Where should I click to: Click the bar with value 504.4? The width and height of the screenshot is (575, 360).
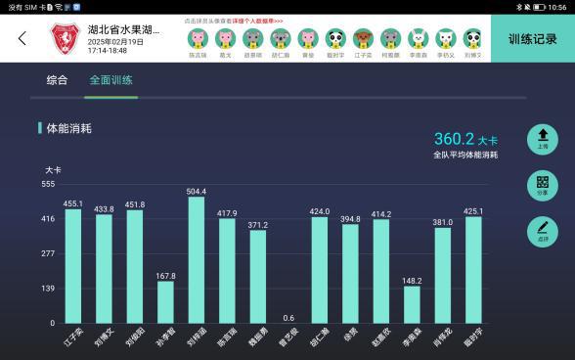tap(196, 259)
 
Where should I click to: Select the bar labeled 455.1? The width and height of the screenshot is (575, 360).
tap(72, 265)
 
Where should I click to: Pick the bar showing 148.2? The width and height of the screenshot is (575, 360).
tap(412, 304)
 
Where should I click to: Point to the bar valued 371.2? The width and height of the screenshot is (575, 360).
tap(257, 276)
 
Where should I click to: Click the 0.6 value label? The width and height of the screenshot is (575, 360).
tap(288, 317)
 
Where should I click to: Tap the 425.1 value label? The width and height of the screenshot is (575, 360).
tap(473, 210)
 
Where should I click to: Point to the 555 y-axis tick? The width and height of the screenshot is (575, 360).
tap(48, 184)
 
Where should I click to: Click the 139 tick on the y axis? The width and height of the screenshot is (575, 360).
tap(48, 289)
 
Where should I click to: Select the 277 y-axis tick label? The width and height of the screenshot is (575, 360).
tap(48, 253)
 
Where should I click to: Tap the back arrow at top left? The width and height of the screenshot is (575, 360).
tap(22, 39)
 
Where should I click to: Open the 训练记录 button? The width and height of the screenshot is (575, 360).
tap(532, 39)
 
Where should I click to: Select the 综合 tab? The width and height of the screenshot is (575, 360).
tap(58, 80)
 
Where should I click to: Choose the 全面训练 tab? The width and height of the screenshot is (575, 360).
tap(111, 80)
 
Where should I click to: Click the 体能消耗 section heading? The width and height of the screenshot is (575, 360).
tap(67, 127)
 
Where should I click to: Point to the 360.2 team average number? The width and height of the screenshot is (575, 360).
tap(454, 139)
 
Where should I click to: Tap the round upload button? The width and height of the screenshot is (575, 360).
tap(542, 140)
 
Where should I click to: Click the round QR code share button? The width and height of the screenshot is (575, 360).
tap(542, 186)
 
